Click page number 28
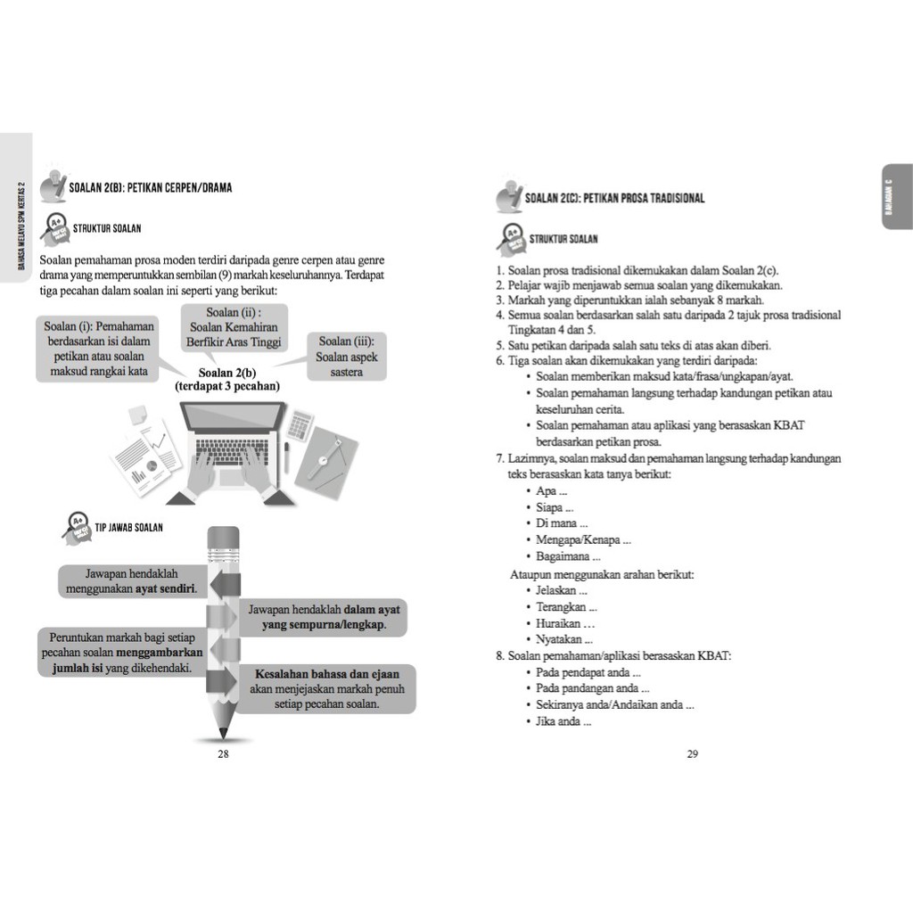point(223,754)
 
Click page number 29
point(693,754)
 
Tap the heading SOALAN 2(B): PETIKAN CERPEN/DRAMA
point(150,188)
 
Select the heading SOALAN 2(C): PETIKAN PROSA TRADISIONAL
point(614,198)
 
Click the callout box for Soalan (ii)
point(234,327)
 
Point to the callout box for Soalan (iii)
point(347,357)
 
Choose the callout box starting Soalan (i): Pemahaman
point(99,349)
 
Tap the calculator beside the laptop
point(300,424)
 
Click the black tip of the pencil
point(223,734)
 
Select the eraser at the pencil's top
point(223,537)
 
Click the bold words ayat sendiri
point(166,589)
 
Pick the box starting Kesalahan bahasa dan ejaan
point(327,688)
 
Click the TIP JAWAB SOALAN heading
point(129,528)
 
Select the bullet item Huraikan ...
point(565,623)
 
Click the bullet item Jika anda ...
point(563,721)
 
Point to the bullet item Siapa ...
point(555,507)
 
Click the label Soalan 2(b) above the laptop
point(227,374)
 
